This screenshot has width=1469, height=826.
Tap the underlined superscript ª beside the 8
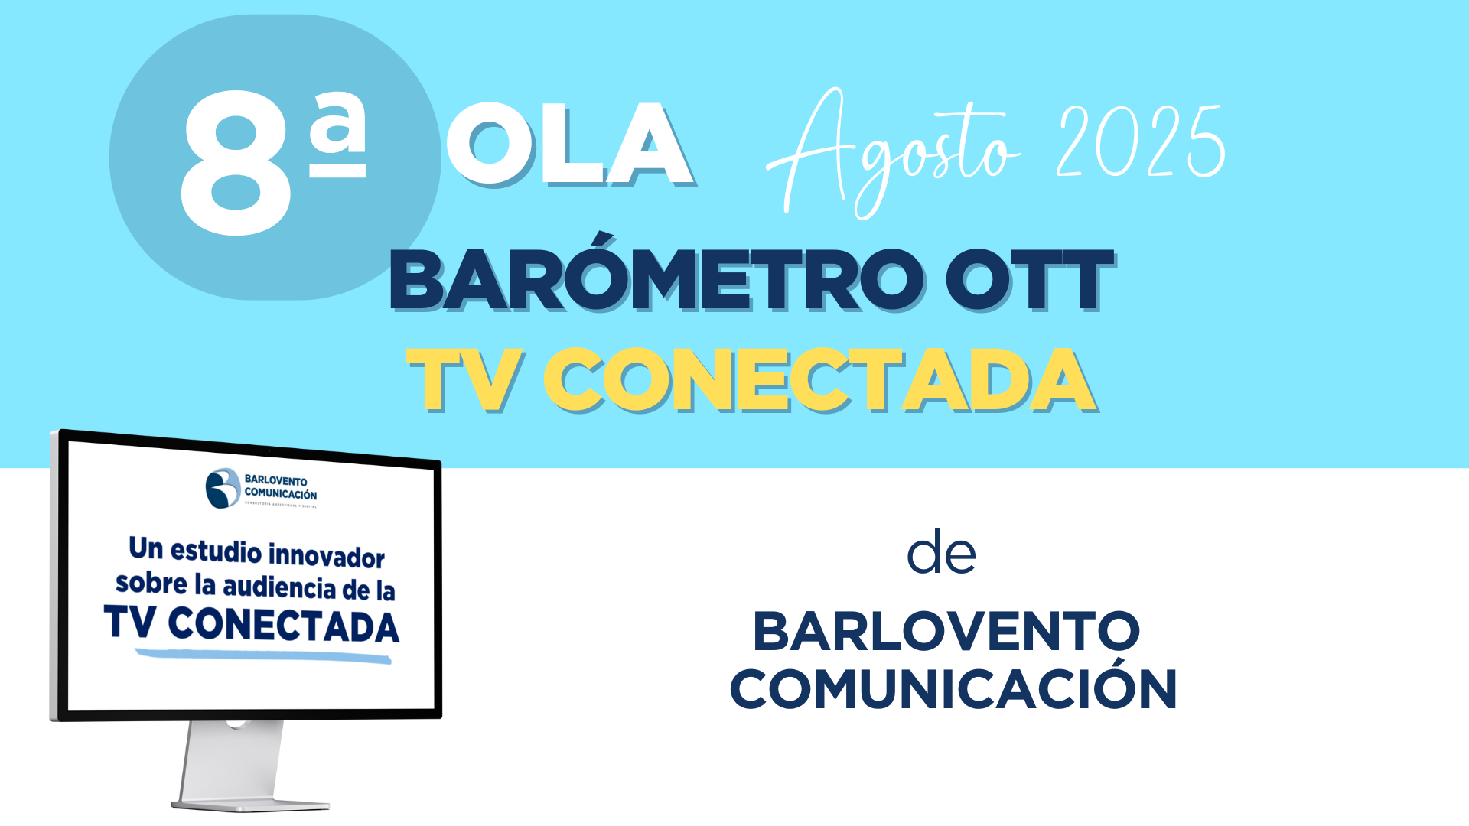(x=337, y=135)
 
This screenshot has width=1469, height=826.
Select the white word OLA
(x=569, y=145)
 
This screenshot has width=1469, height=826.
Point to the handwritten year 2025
(x=1141, y=141)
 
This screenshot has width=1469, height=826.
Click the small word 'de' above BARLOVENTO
(x=941, y=554)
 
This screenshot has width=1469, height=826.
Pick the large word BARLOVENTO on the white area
(x=946, y=632)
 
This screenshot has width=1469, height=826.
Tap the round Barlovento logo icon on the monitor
(x=223, y=488)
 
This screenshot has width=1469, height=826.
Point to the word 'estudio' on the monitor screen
(x=216, y=551)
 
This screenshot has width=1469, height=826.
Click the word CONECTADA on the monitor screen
(x=283, y=626)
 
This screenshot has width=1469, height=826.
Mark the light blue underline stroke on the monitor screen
(x=263, y=655)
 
